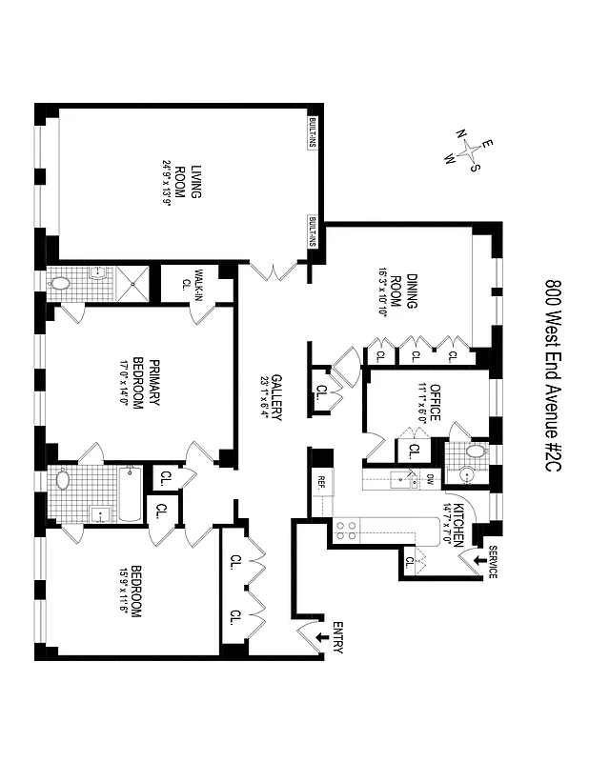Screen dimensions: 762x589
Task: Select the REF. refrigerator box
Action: tap(321, 482)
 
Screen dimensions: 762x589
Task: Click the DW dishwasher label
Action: tap(430, 479)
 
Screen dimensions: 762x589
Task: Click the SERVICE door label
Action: tap(492, 563)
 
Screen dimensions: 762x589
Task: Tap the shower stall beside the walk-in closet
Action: tap(134, 284)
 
